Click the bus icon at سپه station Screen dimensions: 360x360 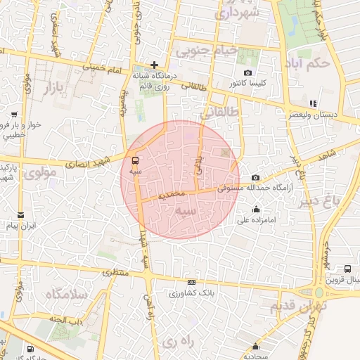[x=135, y=160]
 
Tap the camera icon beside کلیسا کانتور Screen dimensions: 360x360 [x=247, y=73]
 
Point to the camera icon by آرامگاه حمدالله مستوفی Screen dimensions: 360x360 [x=255, y=178]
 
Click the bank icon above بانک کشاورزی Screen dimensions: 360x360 [x=192, y=282]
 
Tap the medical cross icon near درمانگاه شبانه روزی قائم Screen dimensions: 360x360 [x=154, y=65]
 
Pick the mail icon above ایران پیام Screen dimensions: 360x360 [x=20, y=215]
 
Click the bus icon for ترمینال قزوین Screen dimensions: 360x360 [x=348, y=269]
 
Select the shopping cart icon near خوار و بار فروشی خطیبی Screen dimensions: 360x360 [x=14, y=114]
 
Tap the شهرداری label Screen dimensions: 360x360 [x=240, y=12]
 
